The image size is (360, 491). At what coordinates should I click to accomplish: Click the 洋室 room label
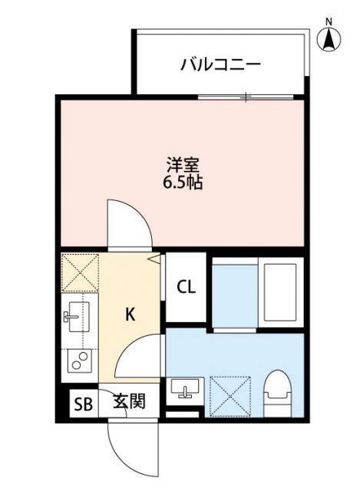[x=182, y=163]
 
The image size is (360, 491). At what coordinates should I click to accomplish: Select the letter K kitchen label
[x=130, y=313]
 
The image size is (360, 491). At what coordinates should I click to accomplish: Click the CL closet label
[x=187, y=288]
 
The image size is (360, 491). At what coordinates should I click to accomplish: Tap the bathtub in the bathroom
[x=279, y=292]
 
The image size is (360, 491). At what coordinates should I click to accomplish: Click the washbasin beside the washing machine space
[x=183, y=390]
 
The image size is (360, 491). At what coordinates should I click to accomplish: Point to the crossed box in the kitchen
[x=79, y=271]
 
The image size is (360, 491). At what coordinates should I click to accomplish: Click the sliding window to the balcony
[x=246, y=96]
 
